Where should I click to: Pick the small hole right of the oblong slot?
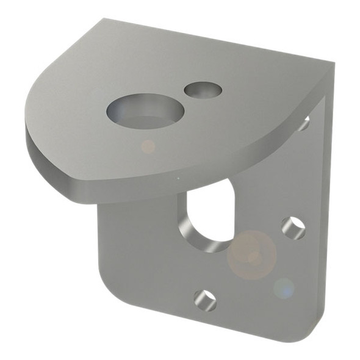293,227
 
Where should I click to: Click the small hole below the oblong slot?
205,299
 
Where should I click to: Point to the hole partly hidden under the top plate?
303,123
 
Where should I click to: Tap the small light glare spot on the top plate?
148,146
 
